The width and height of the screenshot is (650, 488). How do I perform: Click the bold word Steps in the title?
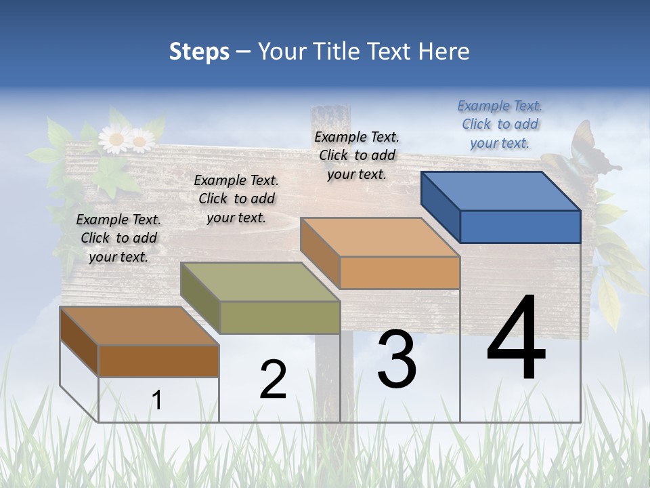199,52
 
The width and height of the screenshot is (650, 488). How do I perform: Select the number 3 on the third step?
397,359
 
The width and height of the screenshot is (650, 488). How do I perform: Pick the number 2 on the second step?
273,380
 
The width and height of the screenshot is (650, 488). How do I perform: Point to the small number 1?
157,400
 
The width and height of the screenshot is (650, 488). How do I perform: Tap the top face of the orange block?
379,237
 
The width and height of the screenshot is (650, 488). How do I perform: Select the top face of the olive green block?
259,282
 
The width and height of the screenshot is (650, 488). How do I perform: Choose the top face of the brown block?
139,326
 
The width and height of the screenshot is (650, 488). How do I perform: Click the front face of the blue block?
520,226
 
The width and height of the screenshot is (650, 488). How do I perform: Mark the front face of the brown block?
158,361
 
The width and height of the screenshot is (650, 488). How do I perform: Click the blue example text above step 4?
500,124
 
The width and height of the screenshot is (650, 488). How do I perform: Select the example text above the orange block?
357,155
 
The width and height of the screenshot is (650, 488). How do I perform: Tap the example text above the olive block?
236,199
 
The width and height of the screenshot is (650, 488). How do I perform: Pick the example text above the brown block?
118,238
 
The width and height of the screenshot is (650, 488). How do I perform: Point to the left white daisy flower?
115,139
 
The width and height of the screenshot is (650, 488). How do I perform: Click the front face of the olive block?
280,317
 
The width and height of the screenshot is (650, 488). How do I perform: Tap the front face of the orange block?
399,272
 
